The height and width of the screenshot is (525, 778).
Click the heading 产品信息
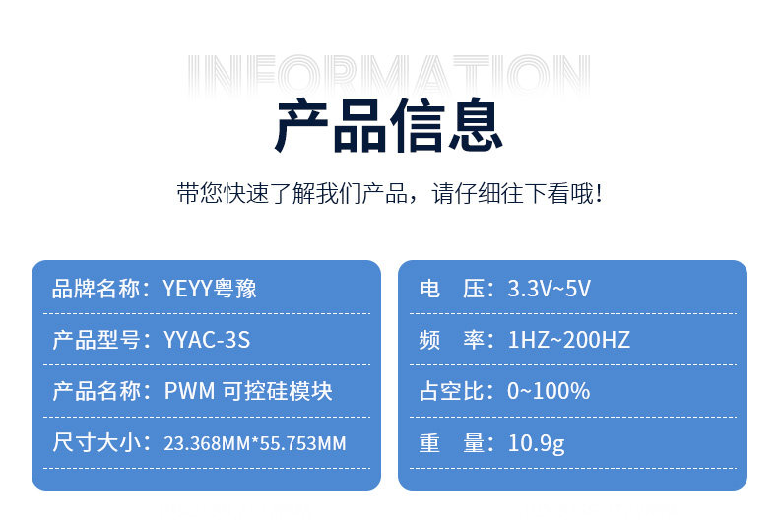[x=389, y=125]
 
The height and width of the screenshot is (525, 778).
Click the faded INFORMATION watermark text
[x=389, y=75]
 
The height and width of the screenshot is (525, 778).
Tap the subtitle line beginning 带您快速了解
[x=390, y=193]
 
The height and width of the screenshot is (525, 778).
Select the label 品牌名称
[x=96, y=289]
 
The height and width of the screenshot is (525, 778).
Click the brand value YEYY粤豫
[x=210, y=289]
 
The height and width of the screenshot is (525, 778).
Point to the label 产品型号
[x=96, y=340]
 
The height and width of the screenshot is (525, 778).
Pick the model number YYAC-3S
[x=207, y=340]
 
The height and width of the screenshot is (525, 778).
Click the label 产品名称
[x=96, y=391]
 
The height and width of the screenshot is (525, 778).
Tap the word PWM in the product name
[x=189, y=391]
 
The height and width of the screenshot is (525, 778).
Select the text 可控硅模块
[x=278, y=391]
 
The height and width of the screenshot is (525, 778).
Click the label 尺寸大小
[x=96, y=442]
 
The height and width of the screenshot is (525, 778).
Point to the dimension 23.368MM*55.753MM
[x=255, y=443]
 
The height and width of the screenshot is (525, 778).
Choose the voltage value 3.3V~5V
[x=549, y=289]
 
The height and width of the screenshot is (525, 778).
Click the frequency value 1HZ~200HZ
[x=568, y=340]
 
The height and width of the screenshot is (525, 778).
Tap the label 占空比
[x=451, y=391]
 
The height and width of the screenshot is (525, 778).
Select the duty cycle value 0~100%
[x=549, y=391]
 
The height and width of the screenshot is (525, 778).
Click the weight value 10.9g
[x=537, y=443]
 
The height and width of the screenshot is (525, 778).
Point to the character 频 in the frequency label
[x=429, y=340]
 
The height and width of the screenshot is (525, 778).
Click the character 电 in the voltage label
[x=429, y=289]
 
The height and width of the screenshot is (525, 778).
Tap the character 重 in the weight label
[x=429, y=442]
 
